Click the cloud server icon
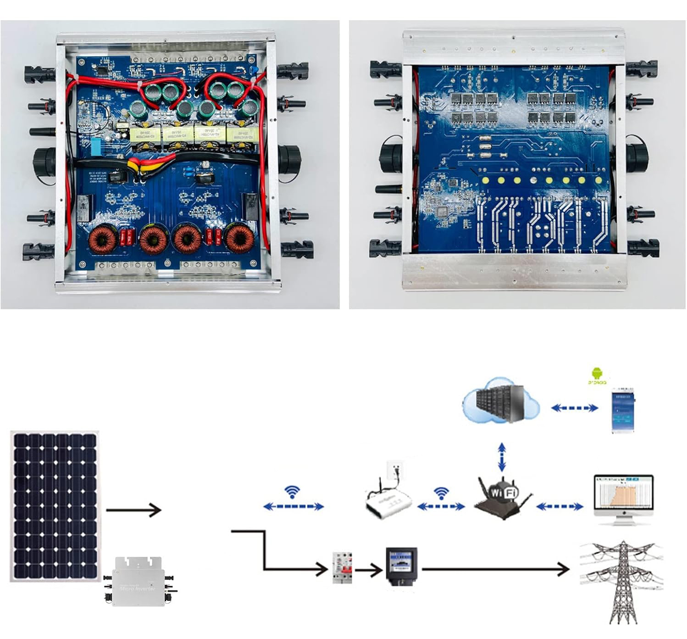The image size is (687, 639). click(x=500, y=400)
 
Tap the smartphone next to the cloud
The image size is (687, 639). click(x=623, y=410)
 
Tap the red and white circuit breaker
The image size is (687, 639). click(x=343, y=567)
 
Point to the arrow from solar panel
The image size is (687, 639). click(x=133, y=510)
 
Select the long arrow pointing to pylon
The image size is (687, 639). click(x=495, y=569)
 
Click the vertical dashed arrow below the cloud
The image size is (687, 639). click(x=502, y=457)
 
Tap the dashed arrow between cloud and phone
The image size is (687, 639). click(x=575, y=408)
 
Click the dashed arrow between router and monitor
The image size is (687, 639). click(x=560, y=506)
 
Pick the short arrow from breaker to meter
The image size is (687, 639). click(x=368, y=571)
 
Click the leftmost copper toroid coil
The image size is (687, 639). click(x=103, y=239)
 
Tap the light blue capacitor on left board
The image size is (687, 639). click(x=96, y=146)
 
